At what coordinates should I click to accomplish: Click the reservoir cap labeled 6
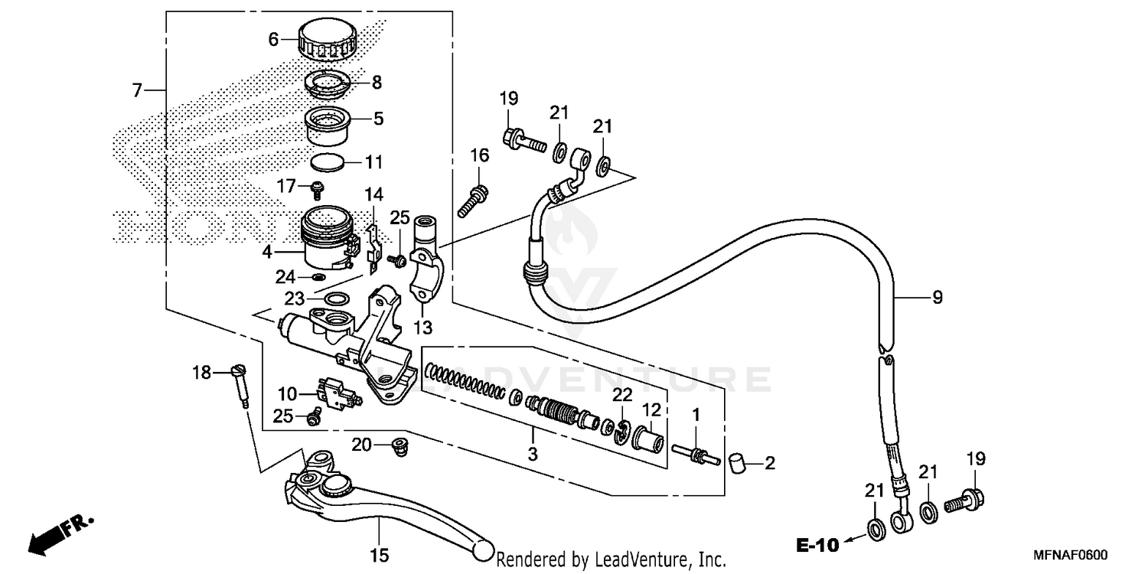328,40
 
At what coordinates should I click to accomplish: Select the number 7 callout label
137,90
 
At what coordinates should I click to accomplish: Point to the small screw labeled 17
315,188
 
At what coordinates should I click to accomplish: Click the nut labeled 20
397,445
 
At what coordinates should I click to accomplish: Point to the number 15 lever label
380,553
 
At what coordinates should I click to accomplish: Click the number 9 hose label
937,298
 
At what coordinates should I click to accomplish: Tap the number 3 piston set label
533,455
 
